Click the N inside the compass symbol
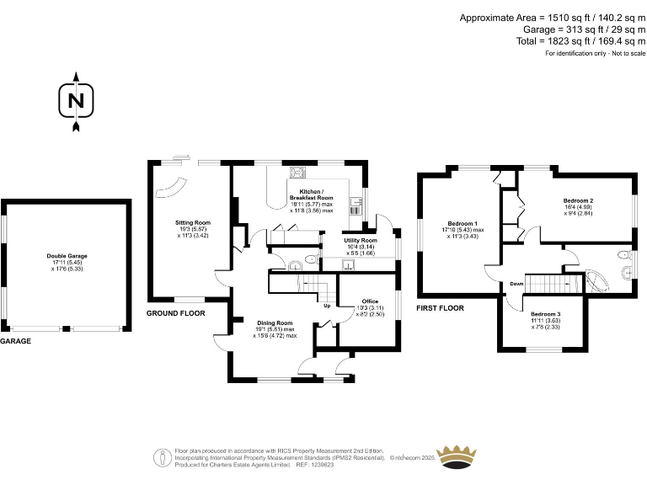tap(77, 100)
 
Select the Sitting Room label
tap(193, 222)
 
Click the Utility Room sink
tap(346, 264)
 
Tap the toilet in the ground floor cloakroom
tap(311, 258)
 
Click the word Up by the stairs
tap(327, 306)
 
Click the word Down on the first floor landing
tap(516, 284)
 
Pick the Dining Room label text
tap(275, 322)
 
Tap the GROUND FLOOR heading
tap(177, 312)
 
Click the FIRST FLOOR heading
tap(440, 308)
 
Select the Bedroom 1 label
tap(462, 223)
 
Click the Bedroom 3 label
tap(545, 313)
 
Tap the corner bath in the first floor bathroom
tap(598, 280)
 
